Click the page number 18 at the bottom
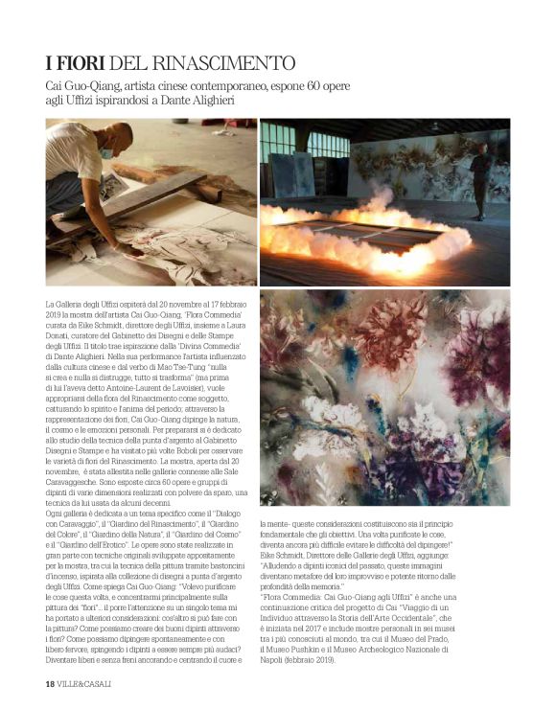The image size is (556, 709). [x=50, y=684]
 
